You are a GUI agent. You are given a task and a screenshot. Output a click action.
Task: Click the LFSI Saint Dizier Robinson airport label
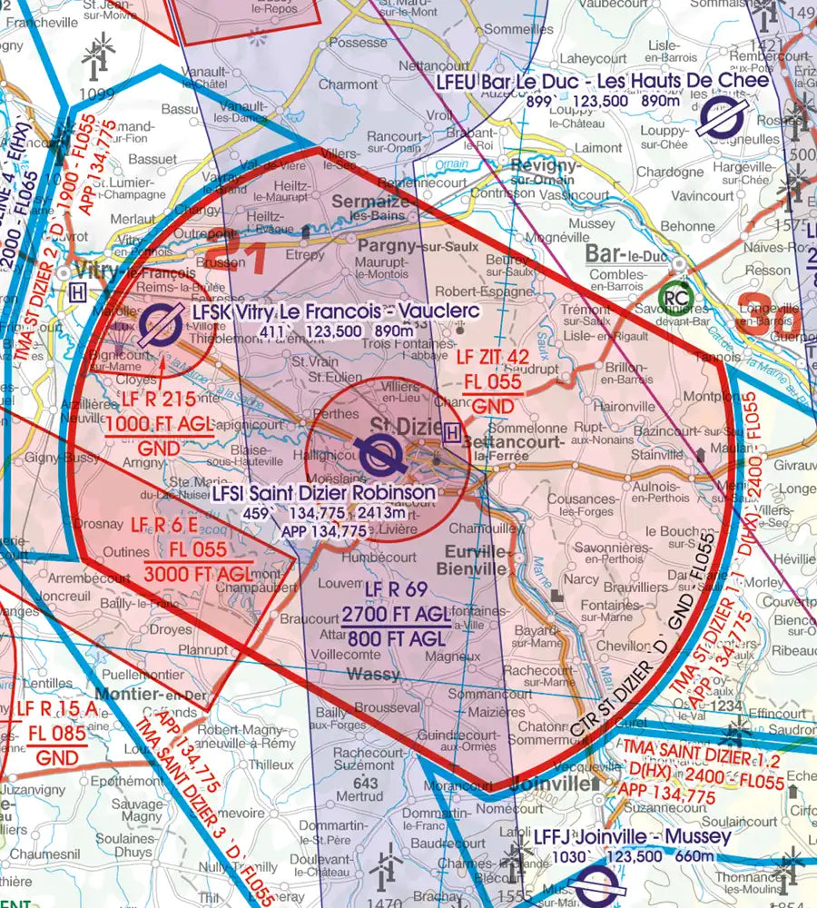click(x=324, y=493)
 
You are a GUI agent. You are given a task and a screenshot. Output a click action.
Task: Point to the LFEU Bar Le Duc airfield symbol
click(x=723, y=118)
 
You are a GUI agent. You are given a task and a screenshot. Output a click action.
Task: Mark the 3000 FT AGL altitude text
click(x=197, y=572)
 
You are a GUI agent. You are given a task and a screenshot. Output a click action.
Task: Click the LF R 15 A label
click(x=50, y=708)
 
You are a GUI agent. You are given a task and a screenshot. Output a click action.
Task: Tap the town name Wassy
click(x=373, y=674)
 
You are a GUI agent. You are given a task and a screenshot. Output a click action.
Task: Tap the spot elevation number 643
click(x=365, y=783)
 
